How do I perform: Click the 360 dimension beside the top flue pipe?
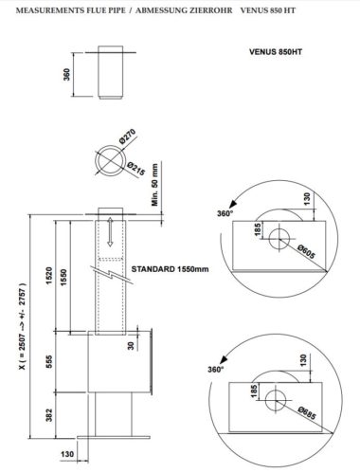point(66,75)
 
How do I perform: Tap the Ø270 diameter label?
point(128,136)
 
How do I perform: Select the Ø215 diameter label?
point(136,169)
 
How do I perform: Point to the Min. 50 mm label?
point(154,185)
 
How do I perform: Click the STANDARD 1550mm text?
point(170,269)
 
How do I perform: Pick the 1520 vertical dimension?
point(49,276)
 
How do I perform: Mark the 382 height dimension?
point(49,415)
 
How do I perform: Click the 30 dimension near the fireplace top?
point(131,346)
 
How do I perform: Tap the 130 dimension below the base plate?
point(67,454)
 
